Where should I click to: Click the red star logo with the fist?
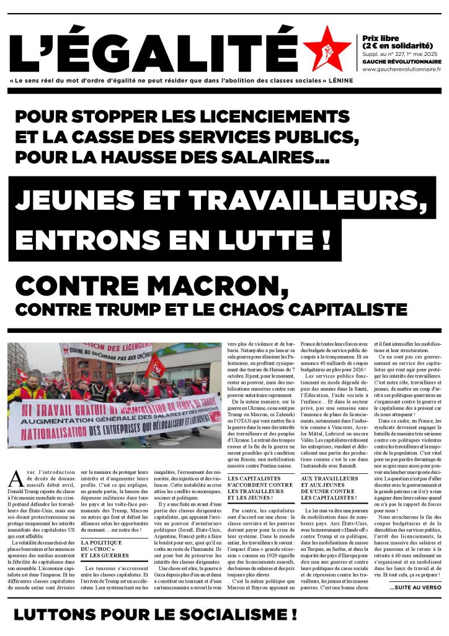pyautogui.click(x=327, y=48)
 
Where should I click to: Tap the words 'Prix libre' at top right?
pyautogui.click(x=380, y=38)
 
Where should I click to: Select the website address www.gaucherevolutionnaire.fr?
pyautogui.click(x=401, y=69)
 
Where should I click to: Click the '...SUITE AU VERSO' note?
pyautogui.click(x=416, y=586)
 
